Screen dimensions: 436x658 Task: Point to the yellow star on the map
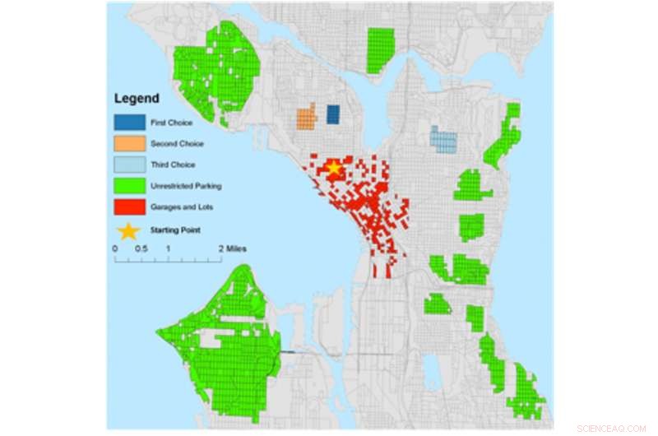(333, 169)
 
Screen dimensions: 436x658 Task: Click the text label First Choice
(169, 123)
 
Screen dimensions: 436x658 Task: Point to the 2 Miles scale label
(233, 248)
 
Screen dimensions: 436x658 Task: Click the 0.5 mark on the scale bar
(141, 248)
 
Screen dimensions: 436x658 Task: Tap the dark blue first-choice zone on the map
(333, 114)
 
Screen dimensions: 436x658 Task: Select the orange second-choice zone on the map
(306, 118)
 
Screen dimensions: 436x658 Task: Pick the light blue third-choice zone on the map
(443, 140)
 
